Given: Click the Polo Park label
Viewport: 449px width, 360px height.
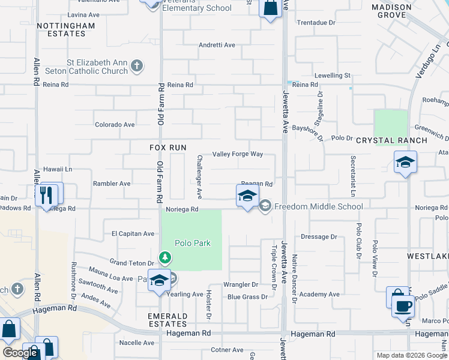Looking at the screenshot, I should click(x=192, y=243).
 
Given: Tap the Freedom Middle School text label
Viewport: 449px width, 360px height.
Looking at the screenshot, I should click(x=319, y=207).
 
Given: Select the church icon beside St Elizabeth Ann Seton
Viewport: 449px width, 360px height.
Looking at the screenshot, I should click(x=137, y=66).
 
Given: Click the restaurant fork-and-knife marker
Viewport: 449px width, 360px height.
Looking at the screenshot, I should click(x=46, y=194).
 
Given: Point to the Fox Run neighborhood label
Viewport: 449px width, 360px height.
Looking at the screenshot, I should click(x=168, y=148).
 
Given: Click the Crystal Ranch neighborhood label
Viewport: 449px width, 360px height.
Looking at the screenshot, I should click(x=391, y=140).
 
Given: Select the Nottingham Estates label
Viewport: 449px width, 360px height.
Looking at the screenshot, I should click(x=65, y=29).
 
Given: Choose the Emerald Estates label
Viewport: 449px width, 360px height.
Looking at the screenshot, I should click(x=167, y=320).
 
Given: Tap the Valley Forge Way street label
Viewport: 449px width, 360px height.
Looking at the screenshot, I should click(x=238, y=154).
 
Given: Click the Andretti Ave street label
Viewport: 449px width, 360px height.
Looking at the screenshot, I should click(x=217, y=45).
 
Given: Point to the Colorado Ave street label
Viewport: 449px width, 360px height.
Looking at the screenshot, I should click(x=115, y=125).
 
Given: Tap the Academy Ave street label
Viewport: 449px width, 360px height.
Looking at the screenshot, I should click(x=319, y=295).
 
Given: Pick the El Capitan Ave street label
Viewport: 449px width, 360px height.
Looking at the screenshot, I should click(x=133, y=233).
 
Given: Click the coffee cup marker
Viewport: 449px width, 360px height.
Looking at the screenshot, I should click(x=403, y=306).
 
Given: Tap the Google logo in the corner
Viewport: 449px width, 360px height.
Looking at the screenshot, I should click(x=20, y=353).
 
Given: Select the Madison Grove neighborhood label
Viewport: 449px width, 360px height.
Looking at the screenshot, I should click(x=391, y=11).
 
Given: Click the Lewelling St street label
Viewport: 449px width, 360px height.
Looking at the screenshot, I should click(x=331, y=76).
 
